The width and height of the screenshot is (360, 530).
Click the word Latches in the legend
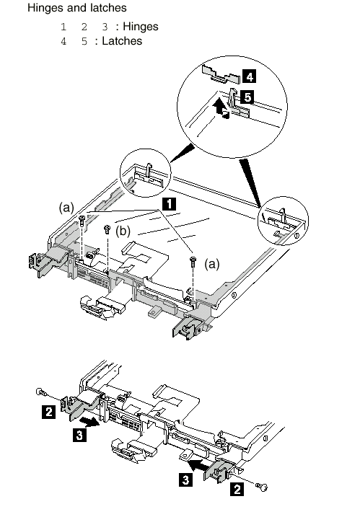click(x=122, y=41)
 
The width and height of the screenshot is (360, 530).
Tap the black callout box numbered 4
click(x=249, y=76)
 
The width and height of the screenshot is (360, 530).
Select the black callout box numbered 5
click(x=247, y=97)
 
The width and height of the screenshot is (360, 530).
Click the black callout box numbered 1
click(x=169, y=204)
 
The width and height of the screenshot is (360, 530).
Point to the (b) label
click(x=123, y=231)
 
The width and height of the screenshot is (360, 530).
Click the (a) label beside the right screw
click(x=212, y=264)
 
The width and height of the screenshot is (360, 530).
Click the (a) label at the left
click(x=66, y=207)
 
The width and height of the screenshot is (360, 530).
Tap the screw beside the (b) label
click(x=107, y=229)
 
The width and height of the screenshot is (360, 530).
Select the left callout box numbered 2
click(x=48, y=412)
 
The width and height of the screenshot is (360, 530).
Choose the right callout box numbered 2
click(x=237, y=489)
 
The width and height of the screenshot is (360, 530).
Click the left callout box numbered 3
click(x=79, y=435)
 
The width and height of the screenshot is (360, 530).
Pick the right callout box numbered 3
click(x=185, y=480)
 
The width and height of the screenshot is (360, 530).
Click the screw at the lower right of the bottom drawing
click(x=262, y=487)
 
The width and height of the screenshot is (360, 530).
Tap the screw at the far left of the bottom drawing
click(x=42, y=392)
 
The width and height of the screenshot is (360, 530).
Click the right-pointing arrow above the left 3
click(x=89, y=422)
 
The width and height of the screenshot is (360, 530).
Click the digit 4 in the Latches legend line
click(x=63, y=41)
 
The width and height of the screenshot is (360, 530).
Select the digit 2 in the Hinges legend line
click(x=84, y=27)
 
